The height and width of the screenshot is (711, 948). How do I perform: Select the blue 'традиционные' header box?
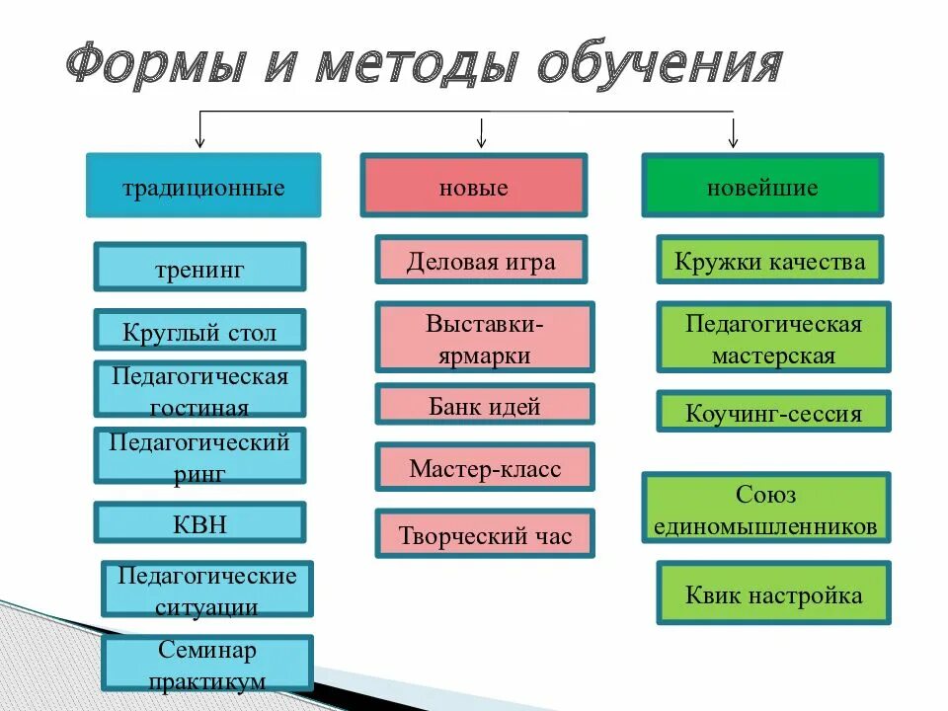(203, 186)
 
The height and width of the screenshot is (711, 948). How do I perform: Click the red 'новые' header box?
(473, 186)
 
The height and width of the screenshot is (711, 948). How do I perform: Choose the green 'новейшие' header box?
(762, 186)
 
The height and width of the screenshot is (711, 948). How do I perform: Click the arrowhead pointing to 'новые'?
(482, 138)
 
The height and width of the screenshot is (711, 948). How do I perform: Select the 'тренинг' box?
(199, 268)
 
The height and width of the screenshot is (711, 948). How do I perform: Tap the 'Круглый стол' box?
(199, 331)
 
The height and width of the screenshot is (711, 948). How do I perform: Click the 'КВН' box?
(199, 522)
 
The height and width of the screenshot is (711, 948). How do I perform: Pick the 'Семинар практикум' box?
(207, 664)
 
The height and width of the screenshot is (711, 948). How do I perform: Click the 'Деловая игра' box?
(481, 261)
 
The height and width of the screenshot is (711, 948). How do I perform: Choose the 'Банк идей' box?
(485, 405)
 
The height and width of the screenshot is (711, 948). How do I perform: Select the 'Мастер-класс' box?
(485, 467)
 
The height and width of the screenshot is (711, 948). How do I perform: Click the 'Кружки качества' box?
(770, 261)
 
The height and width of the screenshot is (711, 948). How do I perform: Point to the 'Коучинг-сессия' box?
(773, 412)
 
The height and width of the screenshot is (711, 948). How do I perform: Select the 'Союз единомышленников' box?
(766, 509)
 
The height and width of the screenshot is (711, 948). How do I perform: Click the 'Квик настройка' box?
(773, 593)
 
